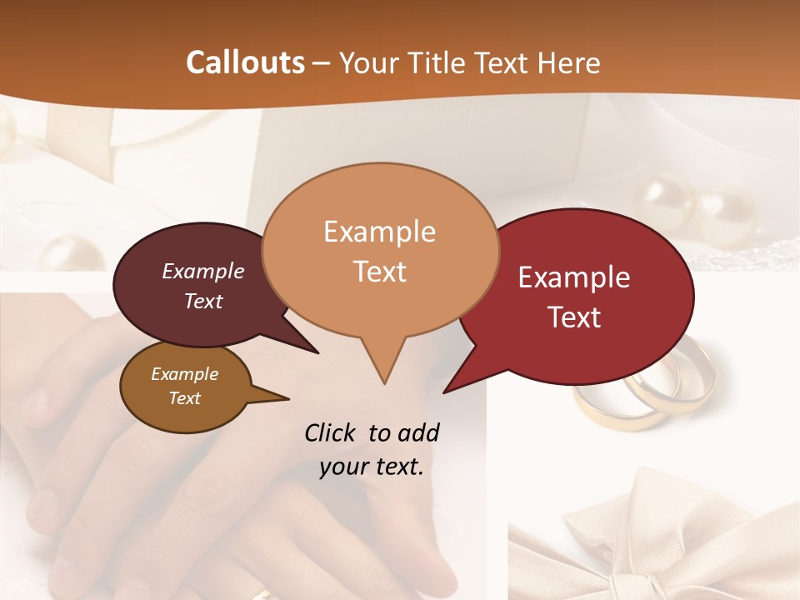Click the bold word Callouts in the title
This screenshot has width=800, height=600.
(x=245, y=62)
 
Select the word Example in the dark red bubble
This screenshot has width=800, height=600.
(x=574, y=277)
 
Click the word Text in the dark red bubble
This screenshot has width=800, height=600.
(x=574, y=317)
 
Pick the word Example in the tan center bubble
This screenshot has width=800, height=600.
(x=379, y=232)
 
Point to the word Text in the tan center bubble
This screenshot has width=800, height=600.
(x=379, y=272)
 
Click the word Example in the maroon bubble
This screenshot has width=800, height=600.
(x=203, y=271)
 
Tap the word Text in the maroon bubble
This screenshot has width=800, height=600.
(x=203, y=301)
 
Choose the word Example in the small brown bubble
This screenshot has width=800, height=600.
(x=184, y=374)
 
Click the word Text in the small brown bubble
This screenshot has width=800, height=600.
(x=184, y=398)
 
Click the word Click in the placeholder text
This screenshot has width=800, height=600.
(x=332, y=432)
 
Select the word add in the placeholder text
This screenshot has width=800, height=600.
(x=418, y=432)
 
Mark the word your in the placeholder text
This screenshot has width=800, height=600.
(x=342, y=467)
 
